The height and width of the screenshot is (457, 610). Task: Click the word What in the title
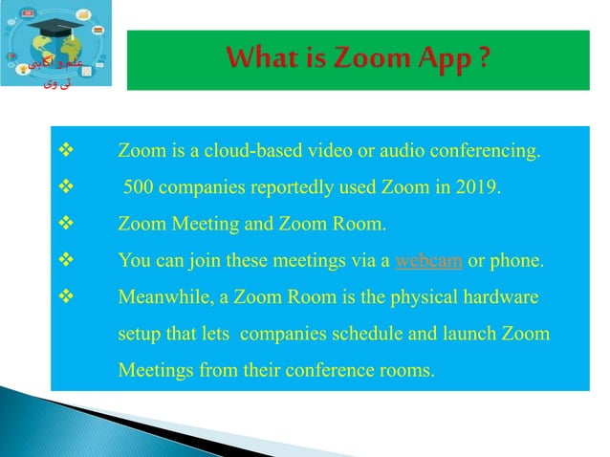point(265,60)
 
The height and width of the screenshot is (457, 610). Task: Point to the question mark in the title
point(485,60)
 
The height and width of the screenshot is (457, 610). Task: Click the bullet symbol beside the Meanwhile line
point(66,297)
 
